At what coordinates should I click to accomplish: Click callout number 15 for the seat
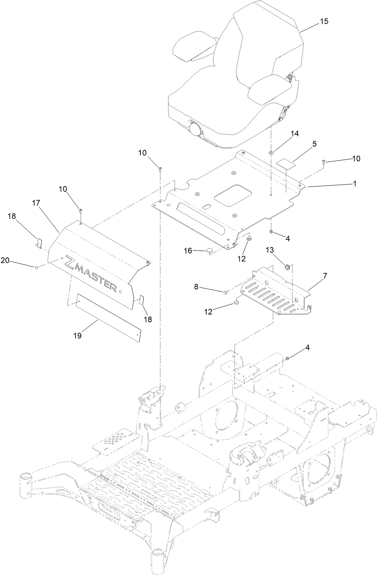[x=324, y=21]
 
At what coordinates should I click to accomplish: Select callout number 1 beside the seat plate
[x=355, y=183]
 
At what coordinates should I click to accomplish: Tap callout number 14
[x=295, y=134]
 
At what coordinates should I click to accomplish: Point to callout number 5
[x=314, y=144]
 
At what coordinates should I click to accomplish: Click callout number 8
[x=196, y=286]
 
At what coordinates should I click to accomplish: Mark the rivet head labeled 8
[x=226, y=291]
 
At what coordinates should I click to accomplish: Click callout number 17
[x=36, y=203]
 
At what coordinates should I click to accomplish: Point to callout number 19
[x=77, y=335]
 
